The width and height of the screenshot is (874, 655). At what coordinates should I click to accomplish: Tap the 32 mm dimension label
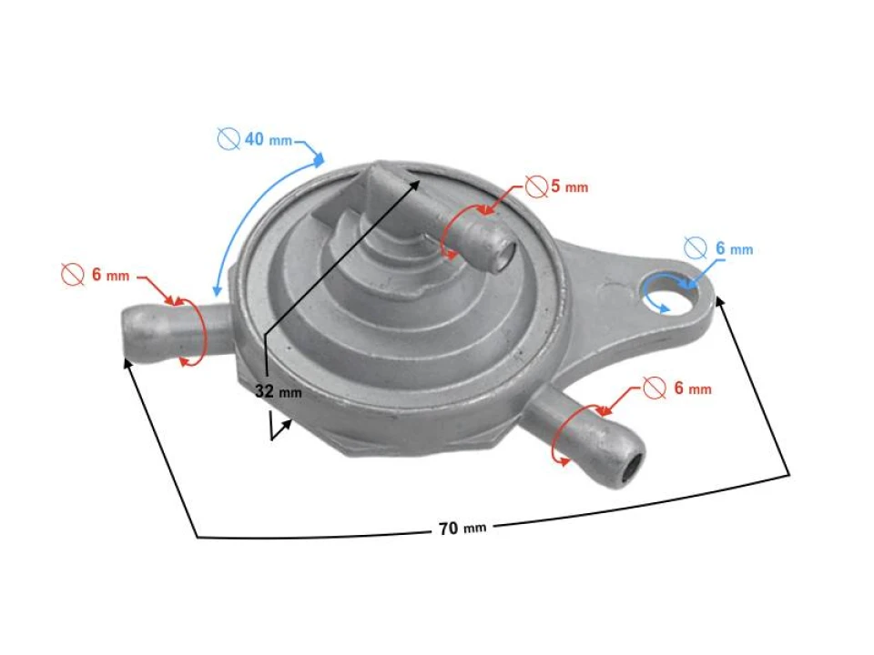click(278, 392)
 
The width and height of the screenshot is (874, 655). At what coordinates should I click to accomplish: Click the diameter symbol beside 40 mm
click(229, 139)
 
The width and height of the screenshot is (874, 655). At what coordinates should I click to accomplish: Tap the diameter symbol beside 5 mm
click(537, 187)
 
